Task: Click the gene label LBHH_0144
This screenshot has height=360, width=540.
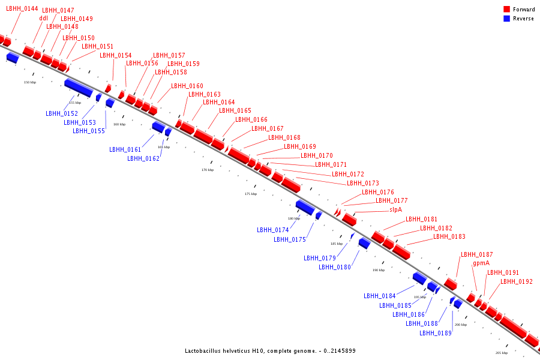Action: [22, 9]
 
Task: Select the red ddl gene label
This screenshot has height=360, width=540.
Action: [43, 18]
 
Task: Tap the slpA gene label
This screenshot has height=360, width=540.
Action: [395, 209]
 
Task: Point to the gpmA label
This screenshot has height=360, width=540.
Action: [481, 263]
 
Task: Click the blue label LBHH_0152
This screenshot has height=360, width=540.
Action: [62, 113]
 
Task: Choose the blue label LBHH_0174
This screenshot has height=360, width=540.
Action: [273, 230]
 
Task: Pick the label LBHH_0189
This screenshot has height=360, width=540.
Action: [436, 333]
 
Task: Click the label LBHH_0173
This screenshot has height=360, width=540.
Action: [363, 183]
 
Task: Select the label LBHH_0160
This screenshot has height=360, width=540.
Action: [187, 86]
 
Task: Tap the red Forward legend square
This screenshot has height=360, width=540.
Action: [507, 10]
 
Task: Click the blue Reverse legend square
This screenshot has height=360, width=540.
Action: [507, 19]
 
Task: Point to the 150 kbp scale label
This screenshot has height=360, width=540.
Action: [30, 82]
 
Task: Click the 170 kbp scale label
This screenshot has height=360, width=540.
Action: [208, 170]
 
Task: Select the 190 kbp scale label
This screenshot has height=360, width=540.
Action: [378, 270]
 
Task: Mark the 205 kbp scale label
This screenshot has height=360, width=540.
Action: [502, 353]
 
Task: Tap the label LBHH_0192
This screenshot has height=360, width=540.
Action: [517, 281]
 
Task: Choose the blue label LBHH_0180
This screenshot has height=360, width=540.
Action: [335, 267]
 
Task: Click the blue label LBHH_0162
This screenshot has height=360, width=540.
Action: [143, 158]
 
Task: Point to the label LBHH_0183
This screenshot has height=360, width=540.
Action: [449, 236]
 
